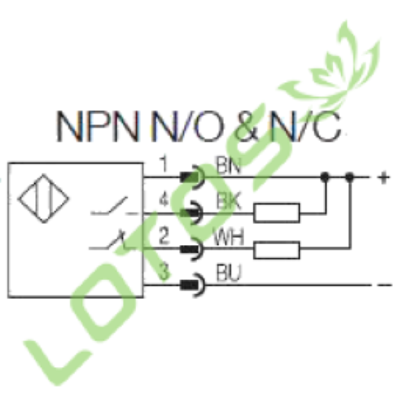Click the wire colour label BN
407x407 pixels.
click(x=229, y=165)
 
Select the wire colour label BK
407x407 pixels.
click(x=229, y=201)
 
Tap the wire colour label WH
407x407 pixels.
click(x=229, y=237)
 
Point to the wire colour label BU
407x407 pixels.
click(x=229, y=273)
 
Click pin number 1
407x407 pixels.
click(x=164, y=164)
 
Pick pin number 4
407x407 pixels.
click(x=164, y=200)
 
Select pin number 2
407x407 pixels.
click(x=164, y=236)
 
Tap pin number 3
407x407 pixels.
click(x=164, y=271)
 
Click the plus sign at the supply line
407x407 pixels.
click(x=383, y=177)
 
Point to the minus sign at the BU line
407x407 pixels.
click(x=384, y=285)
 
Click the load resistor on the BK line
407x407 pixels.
click(x=277, y=213)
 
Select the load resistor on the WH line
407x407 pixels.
click(x=277, y=250)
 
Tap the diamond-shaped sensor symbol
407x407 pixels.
click(x=43, y=199)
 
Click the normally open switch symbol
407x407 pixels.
click(x=114, y=207)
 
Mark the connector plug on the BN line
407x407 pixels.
click(x=192, y=177)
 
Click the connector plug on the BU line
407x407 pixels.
click(x=193, y=285)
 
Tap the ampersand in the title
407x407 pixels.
click(x=247, y=126)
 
